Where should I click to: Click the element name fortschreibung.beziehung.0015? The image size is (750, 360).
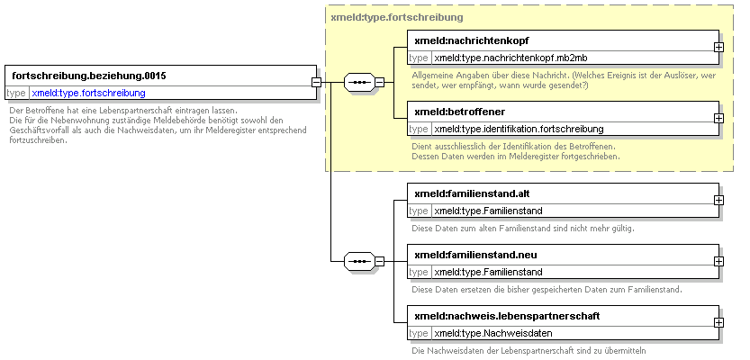click(89, 76)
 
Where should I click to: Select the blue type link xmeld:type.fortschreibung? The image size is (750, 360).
click(88, 94)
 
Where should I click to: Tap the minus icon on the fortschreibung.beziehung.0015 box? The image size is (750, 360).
click(316, 82)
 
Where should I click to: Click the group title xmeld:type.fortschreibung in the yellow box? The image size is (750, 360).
click(397, 18)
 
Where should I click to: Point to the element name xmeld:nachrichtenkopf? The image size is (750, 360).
click(472, 41)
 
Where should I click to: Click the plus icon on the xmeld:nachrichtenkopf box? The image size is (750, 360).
click(718, 48)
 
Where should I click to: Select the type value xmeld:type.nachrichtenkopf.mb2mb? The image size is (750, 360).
click(511, 58)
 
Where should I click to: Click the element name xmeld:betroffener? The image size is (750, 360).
click(460, 112)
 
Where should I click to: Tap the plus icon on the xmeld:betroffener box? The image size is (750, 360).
click(718, 118)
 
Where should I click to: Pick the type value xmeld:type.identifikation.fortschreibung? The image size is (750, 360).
click(519, 129)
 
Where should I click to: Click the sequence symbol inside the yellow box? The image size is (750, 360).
click(359, 82)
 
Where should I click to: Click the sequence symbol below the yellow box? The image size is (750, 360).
click(359, 262)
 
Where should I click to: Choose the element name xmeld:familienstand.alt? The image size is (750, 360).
click(472, 194)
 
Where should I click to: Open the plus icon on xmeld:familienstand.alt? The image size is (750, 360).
click(718, 201)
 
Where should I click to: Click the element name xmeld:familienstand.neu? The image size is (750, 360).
click(472, 256)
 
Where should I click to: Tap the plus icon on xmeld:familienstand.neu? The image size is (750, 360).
click(718, 262)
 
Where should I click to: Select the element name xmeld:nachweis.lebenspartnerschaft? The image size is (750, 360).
click(507, 317)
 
